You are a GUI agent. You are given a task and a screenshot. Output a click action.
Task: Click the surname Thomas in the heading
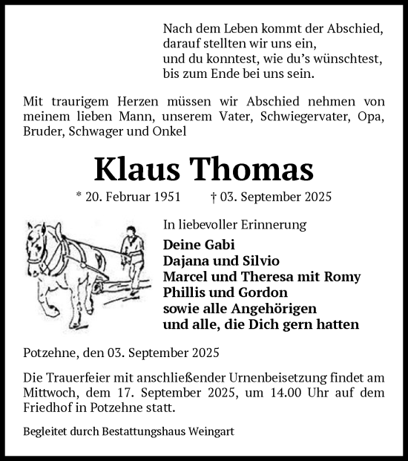click(x=254, y=171)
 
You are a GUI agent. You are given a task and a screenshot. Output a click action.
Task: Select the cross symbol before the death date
click(x=214, y=198)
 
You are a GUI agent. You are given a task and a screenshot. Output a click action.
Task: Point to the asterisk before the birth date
click(x=79, y=198)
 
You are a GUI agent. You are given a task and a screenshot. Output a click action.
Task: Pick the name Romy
click(x=342, y=277)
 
